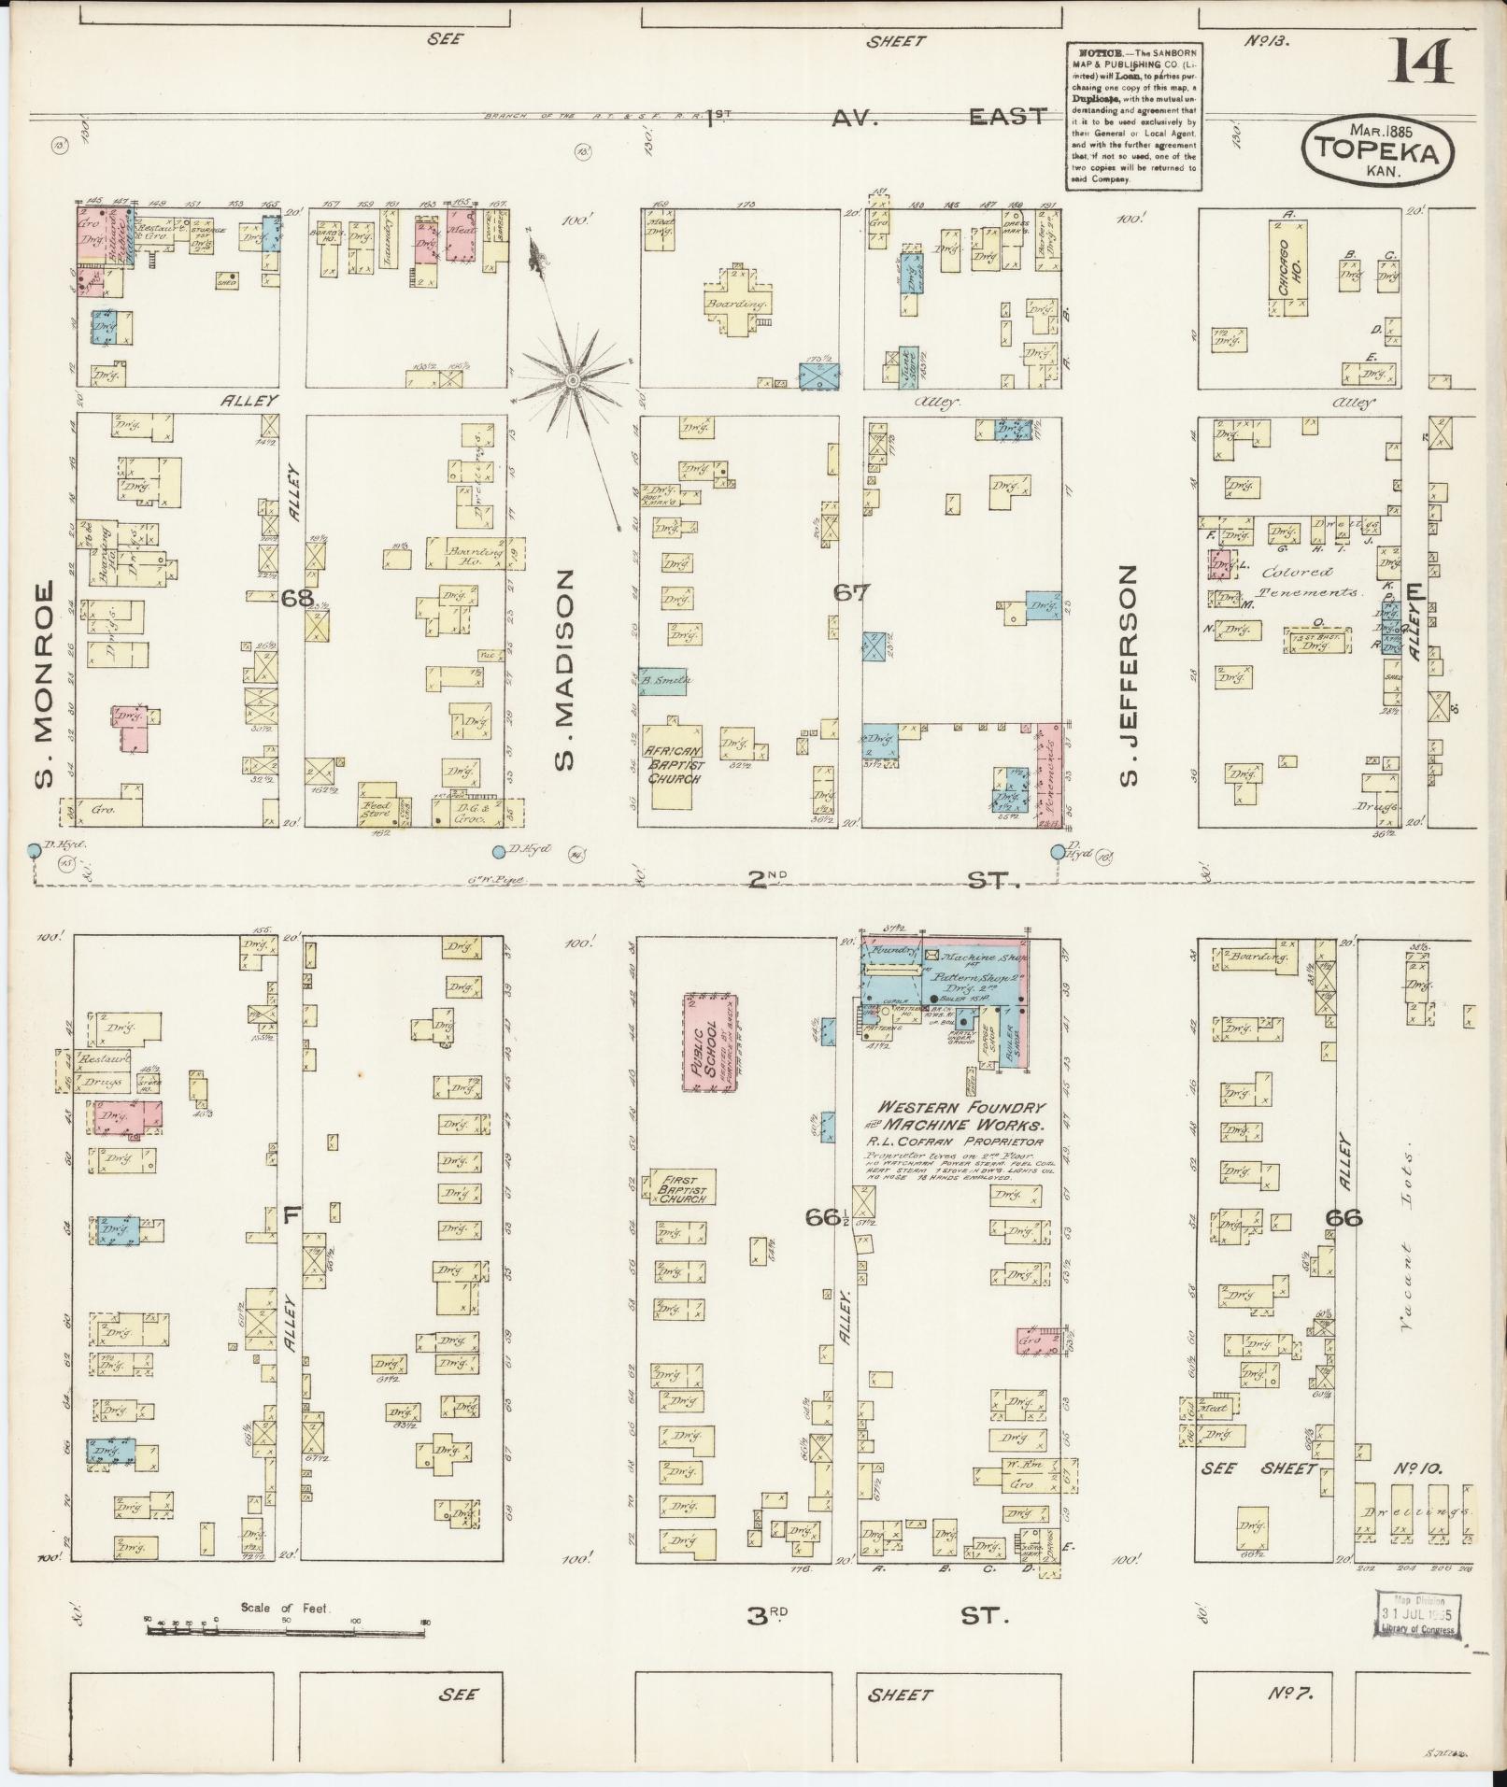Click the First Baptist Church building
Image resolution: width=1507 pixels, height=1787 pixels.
click(683, 1186)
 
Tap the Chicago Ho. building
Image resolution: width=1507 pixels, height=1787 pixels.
click(1287, 268)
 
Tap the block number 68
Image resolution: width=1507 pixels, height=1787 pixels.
click(298, 598)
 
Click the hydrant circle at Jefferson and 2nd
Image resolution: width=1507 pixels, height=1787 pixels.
click(1058, 851)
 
